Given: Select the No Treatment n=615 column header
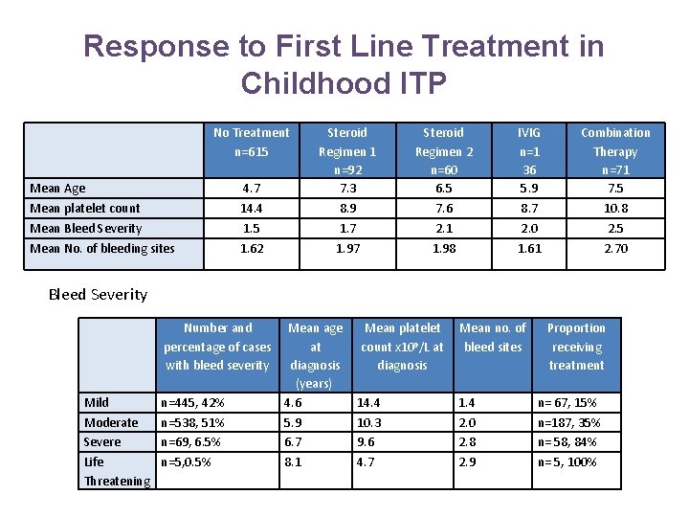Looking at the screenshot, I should (251, 142).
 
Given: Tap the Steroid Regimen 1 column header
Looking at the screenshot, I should (346, 150).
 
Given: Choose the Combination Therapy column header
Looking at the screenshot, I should (614, 150).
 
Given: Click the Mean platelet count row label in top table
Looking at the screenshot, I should (85, 209).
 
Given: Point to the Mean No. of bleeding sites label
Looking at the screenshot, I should (102, 249).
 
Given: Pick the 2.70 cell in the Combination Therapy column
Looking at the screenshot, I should (615, 249).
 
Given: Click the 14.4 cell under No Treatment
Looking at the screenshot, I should (251, 209).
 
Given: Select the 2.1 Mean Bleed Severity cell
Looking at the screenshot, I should (443, 229).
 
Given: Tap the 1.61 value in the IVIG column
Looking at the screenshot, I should (529, 249).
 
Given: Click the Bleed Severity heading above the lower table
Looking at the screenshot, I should (98, 295).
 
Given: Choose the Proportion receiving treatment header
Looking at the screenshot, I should (576, 346).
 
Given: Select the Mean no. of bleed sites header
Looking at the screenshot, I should (493, 337).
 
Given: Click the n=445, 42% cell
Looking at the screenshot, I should (192, 403).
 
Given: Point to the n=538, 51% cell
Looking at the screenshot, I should (192, 423).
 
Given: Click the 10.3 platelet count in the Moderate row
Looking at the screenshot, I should (369, 423).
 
